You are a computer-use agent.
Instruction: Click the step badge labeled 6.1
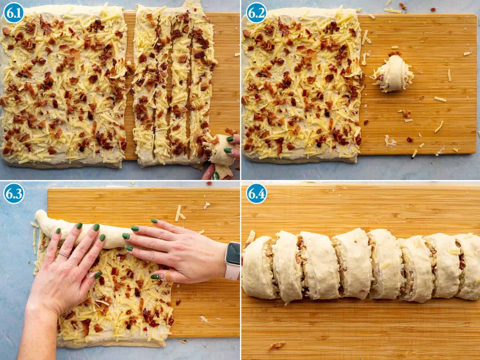pyautogui.click(x=14, y=13)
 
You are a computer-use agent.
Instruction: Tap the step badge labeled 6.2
pyautogui.click(x=256, y=13)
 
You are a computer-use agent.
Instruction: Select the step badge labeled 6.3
pyautogui.click(x=14, y=193)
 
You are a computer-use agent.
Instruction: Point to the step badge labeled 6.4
pyautogui.click(x=256, y=193)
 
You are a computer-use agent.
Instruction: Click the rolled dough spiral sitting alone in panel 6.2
pyautogui.click(x=394, y=74)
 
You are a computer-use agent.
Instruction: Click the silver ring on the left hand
pyautogui.click(x=64, y=255)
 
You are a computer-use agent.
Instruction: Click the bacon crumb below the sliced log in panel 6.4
pyautogui.click(x=277, y=345)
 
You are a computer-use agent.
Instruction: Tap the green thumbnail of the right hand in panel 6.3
pyautogui.click(x=156, y=276)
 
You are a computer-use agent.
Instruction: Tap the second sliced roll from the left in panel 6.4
pyautogui.click(x=286, y=266)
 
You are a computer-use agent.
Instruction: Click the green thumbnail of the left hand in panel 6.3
pyautogui.click(x=98, y=275)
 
